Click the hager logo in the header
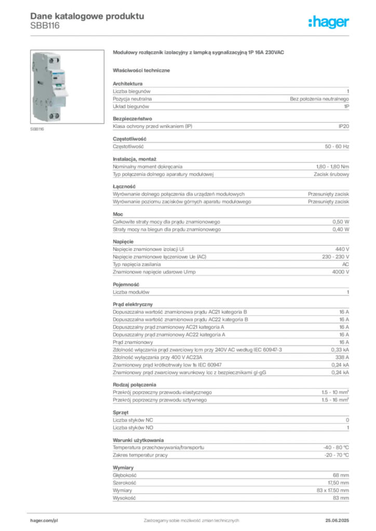pyautogui.click(x=329, y=22)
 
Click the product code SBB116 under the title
pyautogui.click(x=45, y=26)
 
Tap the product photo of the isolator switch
pyautogui.click(x=67, y=87)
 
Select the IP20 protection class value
pyautogui.click(x=344, y=127)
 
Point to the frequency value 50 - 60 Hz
pyautogui.click(x=337, y=147)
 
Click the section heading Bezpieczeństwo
pyautogui.click(x=132, y=119)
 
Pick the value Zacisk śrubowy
pyautogui.click(x=331, y=174)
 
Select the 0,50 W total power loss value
pyautogui.click(x=341, y=222)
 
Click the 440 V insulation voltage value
pyautogui.click(x=342, y=249)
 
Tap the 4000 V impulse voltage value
pyautogui.click(x=340, y=272)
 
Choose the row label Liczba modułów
pyautogui.click(x=131, y=292)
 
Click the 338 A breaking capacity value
pyautogui.click(x=342, y=357)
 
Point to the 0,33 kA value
pyautogui.click(x=340, y=350)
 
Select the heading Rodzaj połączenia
pyautogui.click(x=135, y=385)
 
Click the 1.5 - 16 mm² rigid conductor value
pyautogui.click(x=335, y=400)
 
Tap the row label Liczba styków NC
pyautogui.click(x=133, y=420)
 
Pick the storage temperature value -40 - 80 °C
pyautogui.click(x=336, y=448)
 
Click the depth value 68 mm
pyautogui.click(x=341, y=476)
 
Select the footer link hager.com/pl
pyautogui.click(x=44, y=521)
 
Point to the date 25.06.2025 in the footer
pyautogui.click(x=337, y=521)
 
